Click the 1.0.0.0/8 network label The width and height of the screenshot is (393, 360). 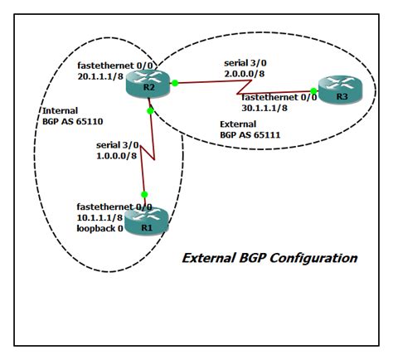point(96,154)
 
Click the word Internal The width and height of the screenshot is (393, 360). point(59,109)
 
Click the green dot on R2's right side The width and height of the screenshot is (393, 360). point(176,83)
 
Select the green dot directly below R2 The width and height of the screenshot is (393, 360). point(149,109)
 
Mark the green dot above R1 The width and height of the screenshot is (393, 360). point(144,194)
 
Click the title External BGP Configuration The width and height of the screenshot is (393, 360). point(269,258)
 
